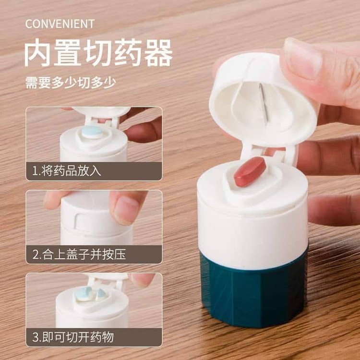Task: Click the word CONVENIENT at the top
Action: [x=60, y=24]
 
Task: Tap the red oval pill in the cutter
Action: [x=250, y=171]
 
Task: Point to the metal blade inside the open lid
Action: [x=264, y=104]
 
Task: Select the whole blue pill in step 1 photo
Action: [x=92, y=132]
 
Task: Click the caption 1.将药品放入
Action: [x=66, y=171]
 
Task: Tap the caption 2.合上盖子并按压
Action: [x=79, y=254]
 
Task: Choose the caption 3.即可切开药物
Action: [x=73, y=337]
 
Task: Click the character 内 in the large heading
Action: [x=37, y=53]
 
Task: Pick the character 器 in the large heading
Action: [x=159, y=53]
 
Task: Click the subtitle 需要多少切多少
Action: [x=71, y=83]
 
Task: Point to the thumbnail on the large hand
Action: [x=302, y=58]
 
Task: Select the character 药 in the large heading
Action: [x=129, y=53]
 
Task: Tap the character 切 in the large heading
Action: [x=98, y=53]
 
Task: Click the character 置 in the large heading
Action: [x=68, y=53]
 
